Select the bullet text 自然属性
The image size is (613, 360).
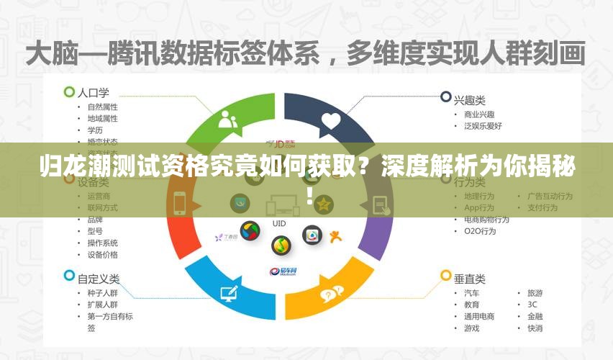(x=103, y=107)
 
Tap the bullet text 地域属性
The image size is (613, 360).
(x=103, y=119)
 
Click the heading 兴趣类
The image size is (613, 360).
(x=469, y=96)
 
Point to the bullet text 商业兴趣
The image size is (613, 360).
(x=479, y=114)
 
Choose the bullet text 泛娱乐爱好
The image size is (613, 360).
(x=483, y=126)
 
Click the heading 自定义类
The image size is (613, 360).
(x=98, y=278)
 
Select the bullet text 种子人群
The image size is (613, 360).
(x=103, y=294)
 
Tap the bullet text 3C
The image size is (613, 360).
(x=532, y=305)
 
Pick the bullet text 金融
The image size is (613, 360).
(x=535, y=316)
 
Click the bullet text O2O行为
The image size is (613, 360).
(x=480, y=231)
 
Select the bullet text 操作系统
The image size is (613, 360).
(x=103, y=243)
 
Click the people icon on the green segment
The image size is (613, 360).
(x=228, y=119)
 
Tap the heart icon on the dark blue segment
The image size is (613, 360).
(x=330, y=120)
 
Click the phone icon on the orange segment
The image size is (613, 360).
(x=180, y=204)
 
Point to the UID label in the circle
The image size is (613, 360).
(x=279, y=224)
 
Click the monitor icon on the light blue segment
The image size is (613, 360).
(x=229, y=292)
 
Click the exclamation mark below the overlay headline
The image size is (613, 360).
(x=309, y=196)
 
